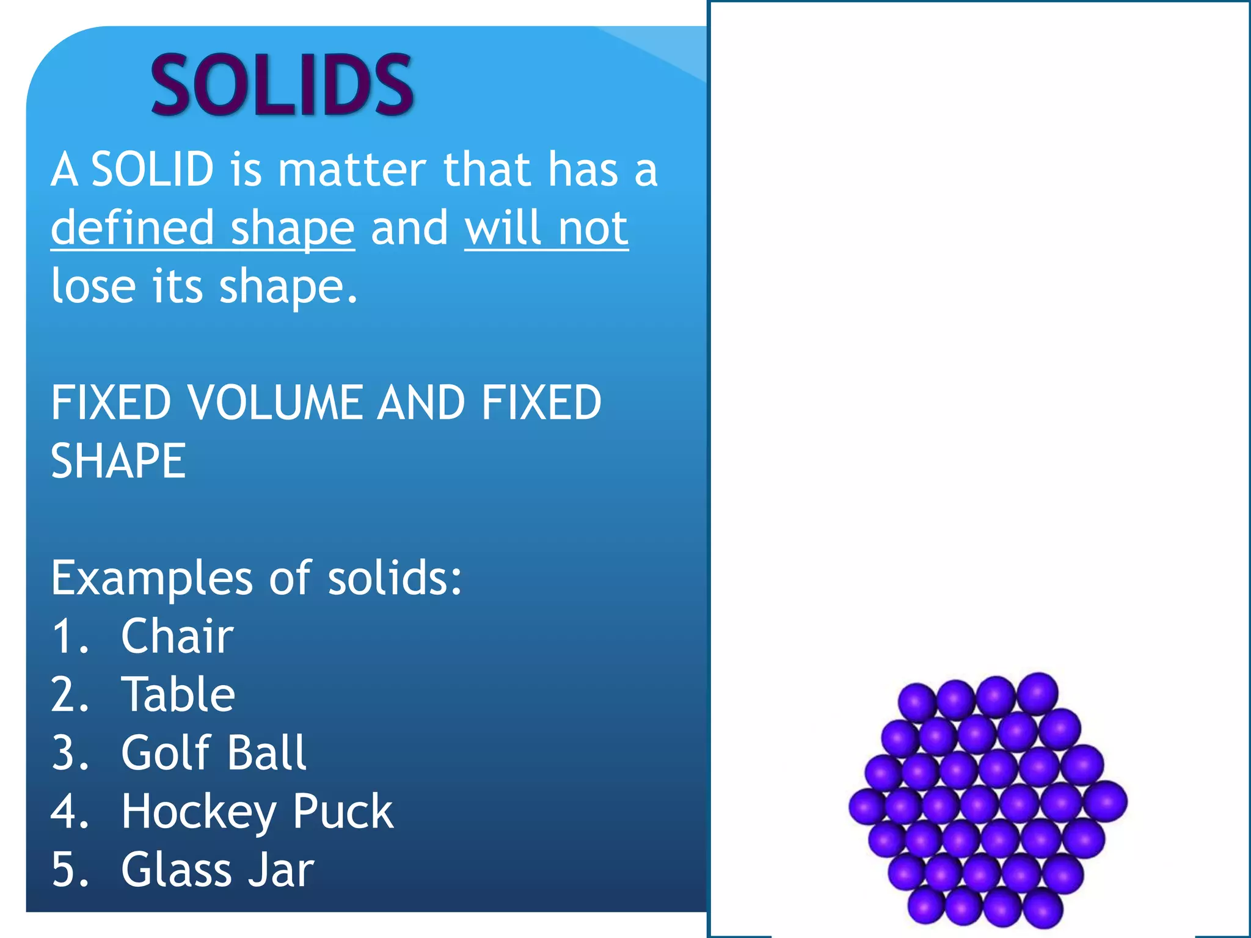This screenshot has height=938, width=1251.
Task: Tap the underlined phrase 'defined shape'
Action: click(202, 228)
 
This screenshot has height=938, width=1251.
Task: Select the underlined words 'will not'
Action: click(546, 228)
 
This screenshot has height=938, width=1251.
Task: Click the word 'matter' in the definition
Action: click(352, 170)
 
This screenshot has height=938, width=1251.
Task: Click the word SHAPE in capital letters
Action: click(118, 462)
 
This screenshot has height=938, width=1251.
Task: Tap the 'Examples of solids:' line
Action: click(257, 578)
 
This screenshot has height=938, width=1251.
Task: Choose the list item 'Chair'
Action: click(177, 636)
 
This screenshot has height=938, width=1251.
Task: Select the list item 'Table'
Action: click(178, 695)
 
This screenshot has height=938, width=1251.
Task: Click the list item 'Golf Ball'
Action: click(213, 753)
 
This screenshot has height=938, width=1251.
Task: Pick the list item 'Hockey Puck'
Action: click(257, 812)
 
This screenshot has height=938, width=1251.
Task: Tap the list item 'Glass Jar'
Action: click(217, 870)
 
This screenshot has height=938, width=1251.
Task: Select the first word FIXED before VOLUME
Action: click(111, 403)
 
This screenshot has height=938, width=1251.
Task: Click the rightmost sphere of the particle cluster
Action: click(1106, 802)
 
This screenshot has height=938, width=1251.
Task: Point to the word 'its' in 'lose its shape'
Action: click(177, 286)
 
